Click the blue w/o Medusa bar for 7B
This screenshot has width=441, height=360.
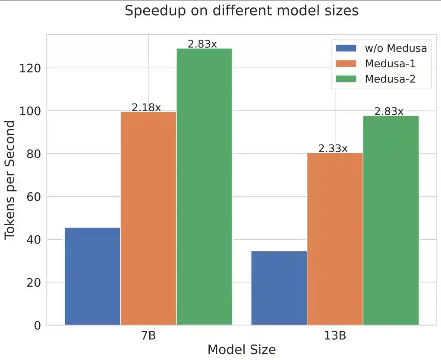pyautogui.click(x=92, y=276)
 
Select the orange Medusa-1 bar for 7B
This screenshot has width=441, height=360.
pyautogui.click(x=148, y=218)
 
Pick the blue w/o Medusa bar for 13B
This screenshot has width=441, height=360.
pyautogui.click(x=279, y=288)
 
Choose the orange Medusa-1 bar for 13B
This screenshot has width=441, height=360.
pyautogui.click(x=335, y=239)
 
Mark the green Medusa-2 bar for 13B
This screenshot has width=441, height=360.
pyautogui.click(x=391, y=220)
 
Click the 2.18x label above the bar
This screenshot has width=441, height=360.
pyautogui.click(x=146, y=107)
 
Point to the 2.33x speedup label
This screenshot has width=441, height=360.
pyautogui.click(x=333, y=148)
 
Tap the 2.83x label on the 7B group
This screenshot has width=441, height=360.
pyautogui.click(x=202, y=44)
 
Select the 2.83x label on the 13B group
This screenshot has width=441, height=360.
pyautogui.click(x=389, y=111)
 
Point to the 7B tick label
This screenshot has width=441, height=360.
pyautogui.click(x=148, y=336)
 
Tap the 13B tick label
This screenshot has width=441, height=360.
pyautogui.click(x=335, y=336)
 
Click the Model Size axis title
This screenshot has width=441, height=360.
pyautogui.click(x=241, y=349)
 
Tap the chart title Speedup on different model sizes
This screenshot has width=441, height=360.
pyautogui.click(x=241, y=11)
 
